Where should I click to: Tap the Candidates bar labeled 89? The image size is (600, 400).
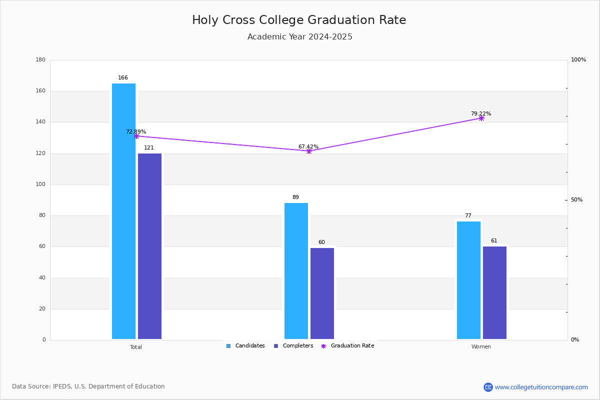pyautogui.click(x=296, y=270)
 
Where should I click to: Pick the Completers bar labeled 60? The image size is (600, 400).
pyautogui.click(x=322, y=293)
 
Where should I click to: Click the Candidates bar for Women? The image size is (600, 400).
pyautogui.click(x=468, y=280)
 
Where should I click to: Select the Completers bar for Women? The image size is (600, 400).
pyautogui.click(x=494, y=292)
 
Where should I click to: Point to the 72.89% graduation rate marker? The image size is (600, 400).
pyautogui.click(x=136, y=136)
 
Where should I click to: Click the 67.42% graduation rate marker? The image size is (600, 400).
pyautogui.click(x=309, y=151)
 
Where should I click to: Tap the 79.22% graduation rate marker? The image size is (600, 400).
pyautogui.click(x=481, y=118)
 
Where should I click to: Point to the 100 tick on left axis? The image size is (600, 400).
pyautogui.click(x=40, y=184)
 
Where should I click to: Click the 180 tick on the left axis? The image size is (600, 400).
pyautogui.click(x=40, y=60)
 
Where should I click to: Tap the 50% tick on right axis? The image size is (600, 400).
pyautogui.click(x=576, y=200)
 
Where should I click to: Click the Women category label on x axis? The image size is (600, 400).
pyautogui.click(x=481, y=347)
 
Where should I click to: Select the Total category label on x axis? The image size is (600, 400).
pyautogui.click(x=136, y=347)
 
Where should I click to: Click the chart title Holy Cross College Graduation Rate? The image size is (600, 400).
pyautogui.click(x=299, y=20)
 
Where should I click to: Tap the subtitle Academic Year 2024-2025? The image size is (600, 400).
pyautogui.click(x=299, y=37)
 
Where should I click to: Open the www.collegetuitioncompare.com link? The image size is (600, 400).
pyautogui.click(x=541, y=387)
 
